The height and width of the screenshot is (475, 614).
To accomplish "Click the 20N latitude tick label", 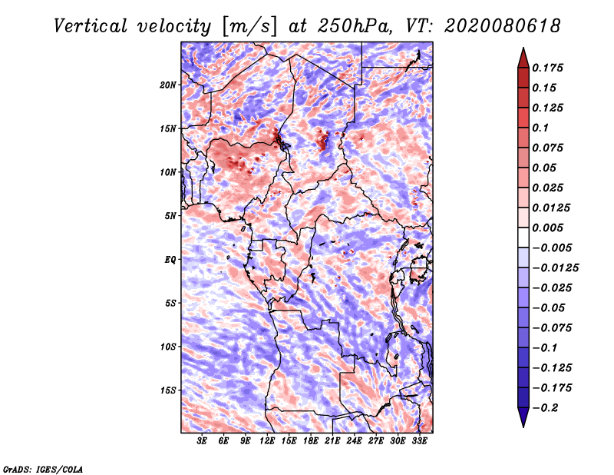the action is point(167,85).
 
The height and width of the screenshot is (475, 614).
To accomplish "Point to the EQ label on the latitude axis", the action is point(170,260).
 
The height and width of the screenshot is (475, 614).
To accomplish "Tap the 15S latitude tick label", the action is point(168,390).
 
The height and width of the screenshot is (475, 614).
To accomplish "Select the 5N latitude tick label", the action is point(170,216).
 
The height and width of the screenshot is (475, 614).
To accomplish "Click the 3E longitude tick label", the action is point(202,441).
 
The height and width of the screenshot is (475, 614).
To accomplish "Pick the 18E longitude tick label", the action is point(311,441).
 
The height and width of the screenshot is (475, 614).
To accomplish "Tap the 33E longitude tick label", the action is point(419,441).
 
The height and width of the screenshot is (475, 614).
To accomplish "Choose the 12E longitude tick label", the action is point(267,441).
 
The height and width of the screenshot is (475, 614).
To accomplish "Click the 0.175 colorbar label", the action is point(547,68).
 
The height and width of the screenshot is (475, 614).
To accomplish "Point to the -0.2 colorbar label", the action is point(546,408).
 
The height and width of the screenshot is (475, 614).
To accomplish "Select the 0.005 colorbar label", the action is point(547,228).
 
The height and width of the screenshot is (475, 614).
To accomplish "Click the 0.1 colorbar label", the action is point(540,128).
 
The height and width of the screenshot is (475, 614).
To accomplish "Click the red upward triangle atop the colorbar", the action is point(523,58).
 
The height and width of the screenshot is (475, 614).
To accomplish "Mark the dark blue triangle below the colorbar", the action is point(523,417).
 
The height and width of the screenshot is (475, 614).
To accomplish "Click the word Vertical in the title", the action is point(91,26).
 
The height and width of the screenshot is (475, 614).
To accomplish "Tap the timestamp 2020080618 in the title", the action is point(503,26).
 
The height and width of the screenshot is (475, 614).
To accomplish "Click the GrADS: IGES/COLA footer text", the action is point(43,470).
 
